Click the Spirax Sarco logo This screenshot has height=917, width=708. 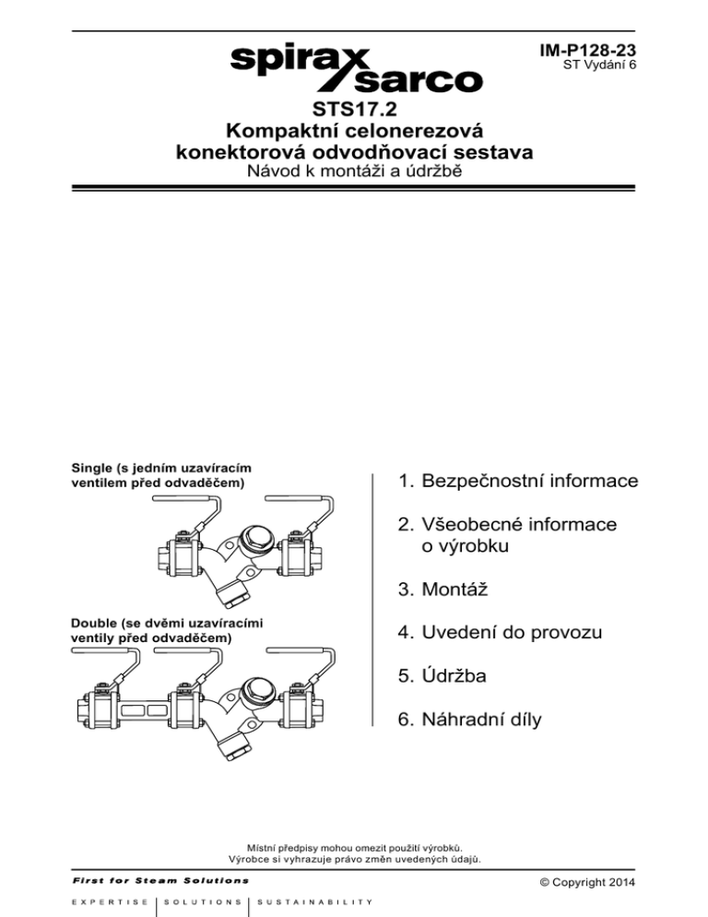pos(353,66)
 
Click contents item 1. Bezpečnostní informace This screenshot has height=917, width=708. pos(518,482)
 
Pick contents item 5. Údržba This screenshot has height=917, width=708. pos(442,677)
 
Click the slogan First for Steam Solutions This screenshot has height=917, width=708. pos(147,879)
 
